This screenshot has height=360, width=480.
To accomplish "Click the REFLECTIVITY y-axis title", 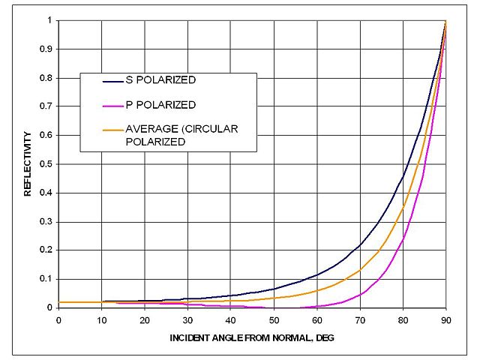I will pyautogui.click(x=28, y=163).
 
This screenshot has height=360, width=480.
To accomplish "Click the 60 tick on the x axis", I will pyautogui.click(x=316, y=319).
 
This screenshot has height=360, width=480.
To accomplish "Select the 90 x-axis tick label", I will pyautogui.click(x=445, y=319).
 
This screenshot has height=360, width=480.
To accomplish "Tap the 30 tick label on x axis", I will pyautogui.click(x=187, y=319).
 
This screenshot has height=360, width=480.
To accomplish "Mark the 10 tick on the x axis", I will pyautogui.click(x=101, y=319).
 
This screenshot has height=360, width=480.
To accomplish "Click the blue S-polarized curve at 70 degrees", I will pyautogui.click(x=360, y=244).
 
